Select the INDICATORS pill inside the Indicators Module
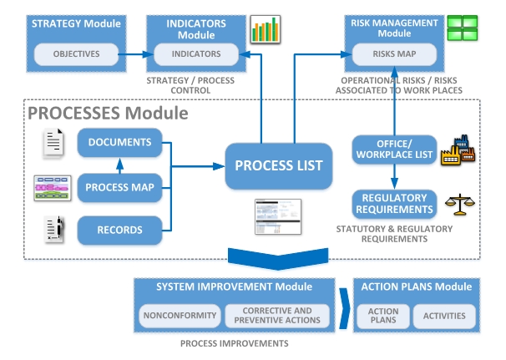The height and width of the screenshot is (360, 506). click(x=196, y=53)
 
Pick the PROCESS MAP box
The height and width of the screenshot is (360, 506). click(x=119, y=187)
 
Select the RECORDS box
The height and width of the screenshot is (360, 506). click(x=119, y=230)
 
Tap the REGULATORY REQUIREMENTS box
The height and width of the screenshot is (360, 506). click(x=393, y=203)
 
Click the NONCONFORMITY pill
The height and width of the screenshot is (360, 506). click(x=180, y=316)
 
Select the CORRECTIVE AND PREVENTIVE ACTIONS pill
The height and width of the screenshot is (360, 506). click(x=277, y=316)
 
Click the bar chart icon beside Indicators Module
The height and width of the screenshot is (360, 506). click(x=265, y=30)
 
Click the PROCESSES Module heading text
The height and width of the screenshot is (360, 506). click(x=109, y=113)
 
